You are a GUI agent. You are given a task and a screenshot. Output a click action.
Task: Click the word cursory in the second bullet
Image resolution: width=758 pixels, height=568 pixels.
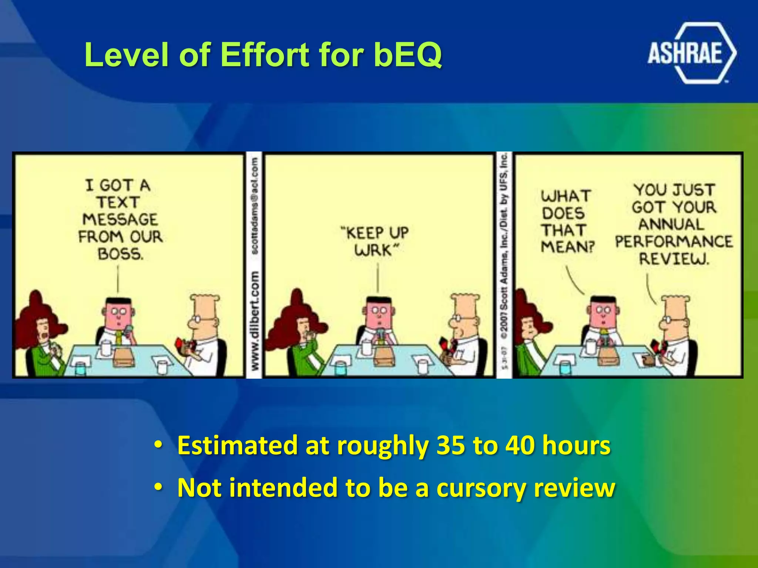[x=481, y=488]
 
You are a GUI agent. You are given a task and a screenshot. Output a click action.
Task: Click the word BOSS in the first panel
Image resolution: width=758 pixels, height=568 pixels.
[x=120, y=254]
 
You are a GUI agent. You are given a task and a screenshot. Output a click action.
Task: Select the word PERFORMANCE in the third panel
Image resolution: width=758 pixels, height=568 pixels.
[x=674, y=241]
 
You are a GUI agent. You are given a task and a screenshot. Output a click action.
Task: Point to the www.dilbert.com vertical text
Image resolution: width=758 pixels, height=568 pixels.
[x=254, y=320]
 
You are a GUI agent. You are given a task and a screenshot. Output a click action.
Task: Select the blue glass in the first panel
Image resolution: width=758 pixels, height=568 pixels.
[x=80, y=368]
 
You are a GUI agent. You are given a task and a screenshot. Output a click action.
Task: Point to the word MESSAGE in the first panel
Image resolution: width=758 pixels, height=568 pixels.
[x=120, y=219]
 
